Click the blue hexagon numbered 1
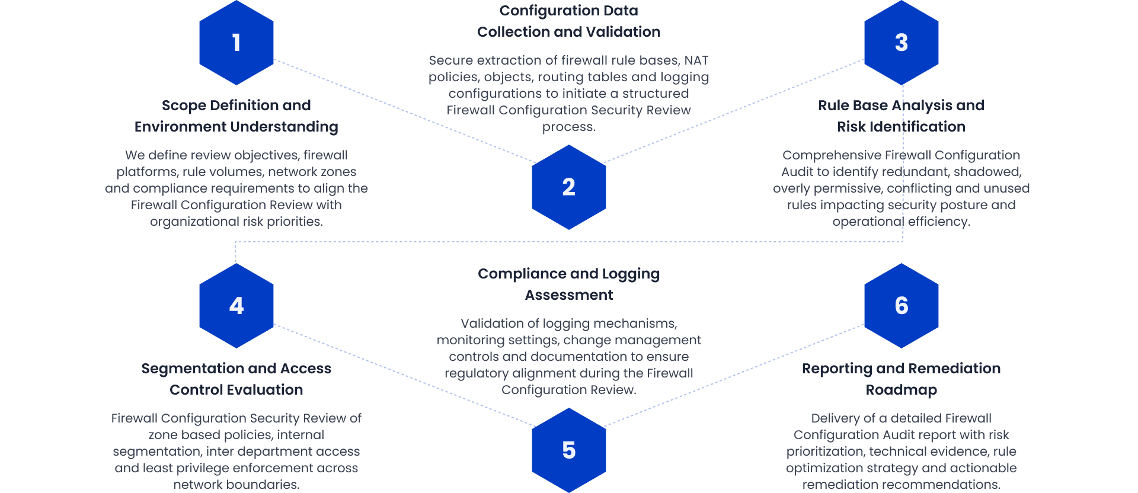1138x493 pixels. tap(236, 43)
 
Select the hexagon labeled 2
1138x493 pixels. tap(568, 187)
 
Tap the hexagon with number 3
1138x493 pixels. tap(901, 43)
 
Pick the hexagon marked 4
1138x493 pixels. tap(236, 306)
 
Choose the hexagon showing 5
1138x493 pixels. tap(568, 450)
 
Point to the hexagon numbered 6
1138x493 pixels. tap(901, 306)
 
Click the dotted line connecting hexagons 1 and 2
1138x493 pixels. tap(403, 111)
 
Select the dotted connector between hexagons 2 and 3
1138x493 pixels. tap(734, 111)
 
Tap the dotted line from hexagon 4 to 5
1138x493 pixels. tap(403, 375)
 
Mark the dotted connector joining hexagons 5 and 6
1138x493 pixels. tap(734, 375)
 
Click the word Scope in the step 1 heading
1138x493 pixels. tap(184, 105)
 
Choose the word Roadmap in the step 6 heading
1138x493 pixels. tap(901, 390)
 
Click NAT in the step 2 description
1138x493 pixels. tap(696, 60)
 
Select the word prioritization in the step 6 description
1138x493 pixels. tap(825, 452)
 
